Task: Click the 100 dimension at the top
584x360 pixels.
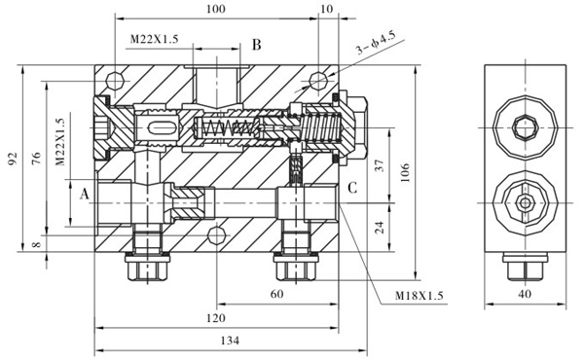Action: click(x=216, y=9)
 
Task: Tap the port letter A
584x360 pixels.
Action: click(x=85, y=194)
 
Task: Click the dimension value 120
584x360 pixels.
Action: click(x=216, y=318)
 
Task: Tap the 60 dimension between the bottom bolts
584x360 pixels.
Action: click(x=276, y=294)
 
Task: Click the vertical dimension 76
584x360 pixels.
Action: click(x=35, y=158)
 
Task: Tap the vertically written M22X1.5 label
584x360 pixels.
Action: click(x=60, y=143)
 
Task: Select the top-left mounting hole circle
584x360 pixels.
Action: click(x=118, y=79)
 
